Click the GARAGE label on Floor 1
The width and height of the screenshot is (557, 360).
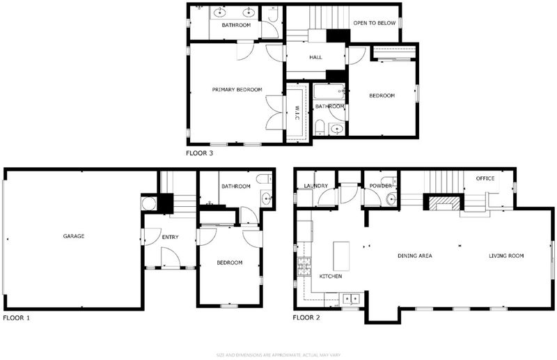pyautogui.click(x=74, y=236)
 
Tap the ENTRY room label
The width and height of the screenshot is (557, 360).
pyautogui.click(x=170, y=237)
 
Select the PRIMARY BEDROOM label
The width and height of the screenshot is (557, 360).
pyautogui.click(x=237, y=90)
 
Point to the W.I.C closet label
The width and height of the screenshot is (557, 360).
pyautogui.click(x=297, y=113)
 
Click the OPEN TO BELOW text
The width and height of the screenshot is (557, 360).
pyautogui.click(x=374, y=23)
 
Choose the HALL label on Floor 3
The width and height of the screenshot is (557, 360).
pyautogui.click(x=315, y=57)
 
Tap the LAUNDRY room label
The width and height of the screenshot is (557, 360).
pyautogui.click(x=316, y=186)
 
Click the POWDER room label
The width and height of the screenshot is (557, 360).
pyautogui.click(x=380, y=186)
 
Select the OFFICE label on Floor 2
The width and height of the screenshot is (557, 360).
pyautogui.click(x=485, y=178)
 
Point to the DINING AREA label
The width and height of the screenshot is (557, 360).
pyautogui.click(x=414, y=256)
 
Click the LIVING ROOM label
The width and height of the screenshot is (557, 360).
pyautogui.click(x=506, y=256)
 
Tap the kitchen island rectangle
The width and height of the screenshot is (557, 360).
pyautogui.click(x=341, y=256)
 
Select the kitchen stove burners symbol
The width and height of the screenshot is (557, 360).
pyautogui.click(x=304, y=267)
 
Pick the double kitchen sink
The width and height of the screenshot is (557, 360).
pyautogui.click(x=351, y=299)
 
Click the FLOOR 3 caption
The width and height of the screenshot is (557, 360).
pyautogui.click(x=199, y=153)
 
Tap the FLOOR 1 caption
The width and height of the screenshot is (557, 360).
pyautogui.click(x=16, y=318)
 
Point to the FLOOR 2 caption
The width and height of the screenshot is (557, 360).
pyautogui.click(x=306, y=318)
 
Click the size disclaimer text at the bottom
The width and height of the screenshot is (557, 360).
pyautogui.click(x=278, y=355)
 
